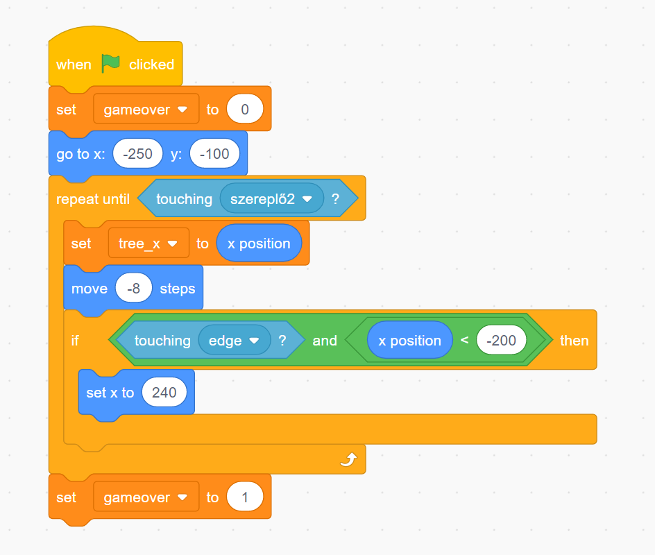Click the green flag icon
[111, 64]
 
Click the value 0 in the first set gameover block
[244, 110]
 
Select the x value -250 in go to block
[137, 154]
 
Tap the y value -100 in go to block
[214, 154]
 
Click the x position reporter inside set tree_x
[259, 244]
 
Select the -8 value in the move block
[134, 289]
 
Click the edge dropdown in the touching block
[235, 341]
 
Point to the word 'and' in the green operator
[325, 341]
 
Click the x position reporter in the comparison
[409, 341]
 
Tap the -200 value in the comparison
[502, 341]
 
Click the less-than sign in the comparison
[464, 341]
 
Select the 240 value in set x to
[164, 393]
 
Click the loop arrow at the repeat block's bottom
[348, 459]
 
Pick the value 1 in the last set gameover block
[244, 497]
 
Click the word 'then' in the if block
[574, 341]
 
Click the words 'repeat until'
[93, 199]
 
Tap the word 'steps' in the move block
[178, 289]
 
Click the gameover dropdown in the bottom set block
[146, 497]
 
